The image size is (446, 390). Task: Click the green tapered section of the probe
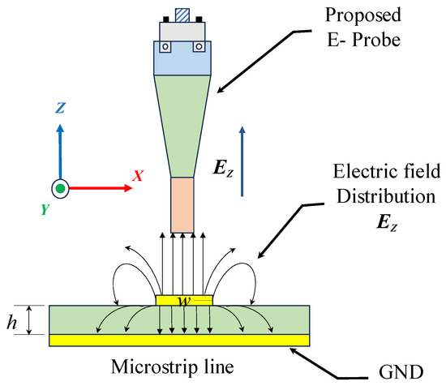(x=183, y=122)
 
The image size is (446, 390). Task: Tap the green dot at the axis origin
(x=59, y=189)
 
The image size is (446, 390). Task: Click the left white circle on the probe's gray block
(x=165, y=46)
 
